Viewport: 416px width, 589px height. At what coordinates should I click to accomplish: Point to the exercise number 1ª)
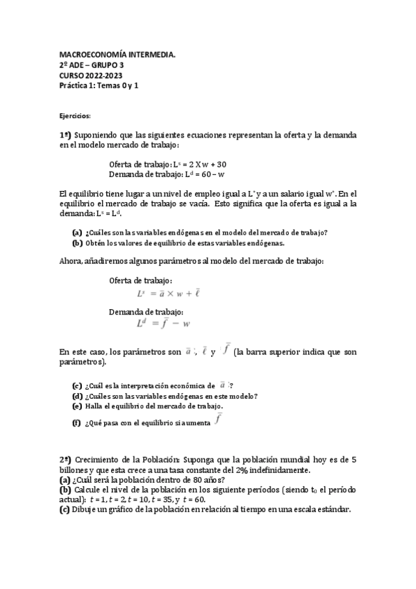(x=65, y=134)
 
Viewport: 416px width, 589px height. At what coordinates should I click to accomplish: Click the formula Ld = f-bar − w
(x=164, y=323)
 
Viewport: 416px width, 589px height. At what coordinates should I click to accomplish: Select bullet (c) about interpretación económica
(x=78, y=385)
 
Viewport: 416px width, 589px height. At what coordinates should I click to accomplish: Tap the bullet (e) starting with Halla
(x=78, y=406)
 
